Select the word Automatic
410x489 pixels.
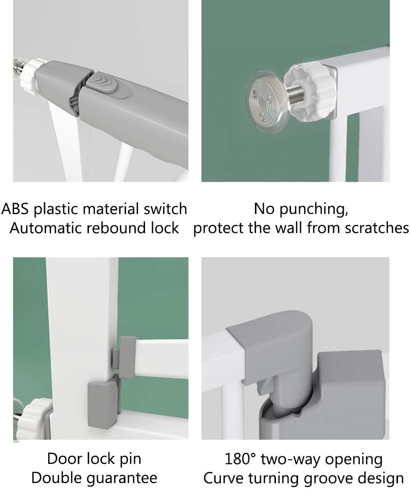coord(46,228)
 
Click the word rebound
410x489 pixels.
coord(116,228)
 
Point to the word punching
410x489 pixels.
coord(313,209)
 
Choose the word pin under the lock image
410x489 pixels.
coord(130,459)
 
